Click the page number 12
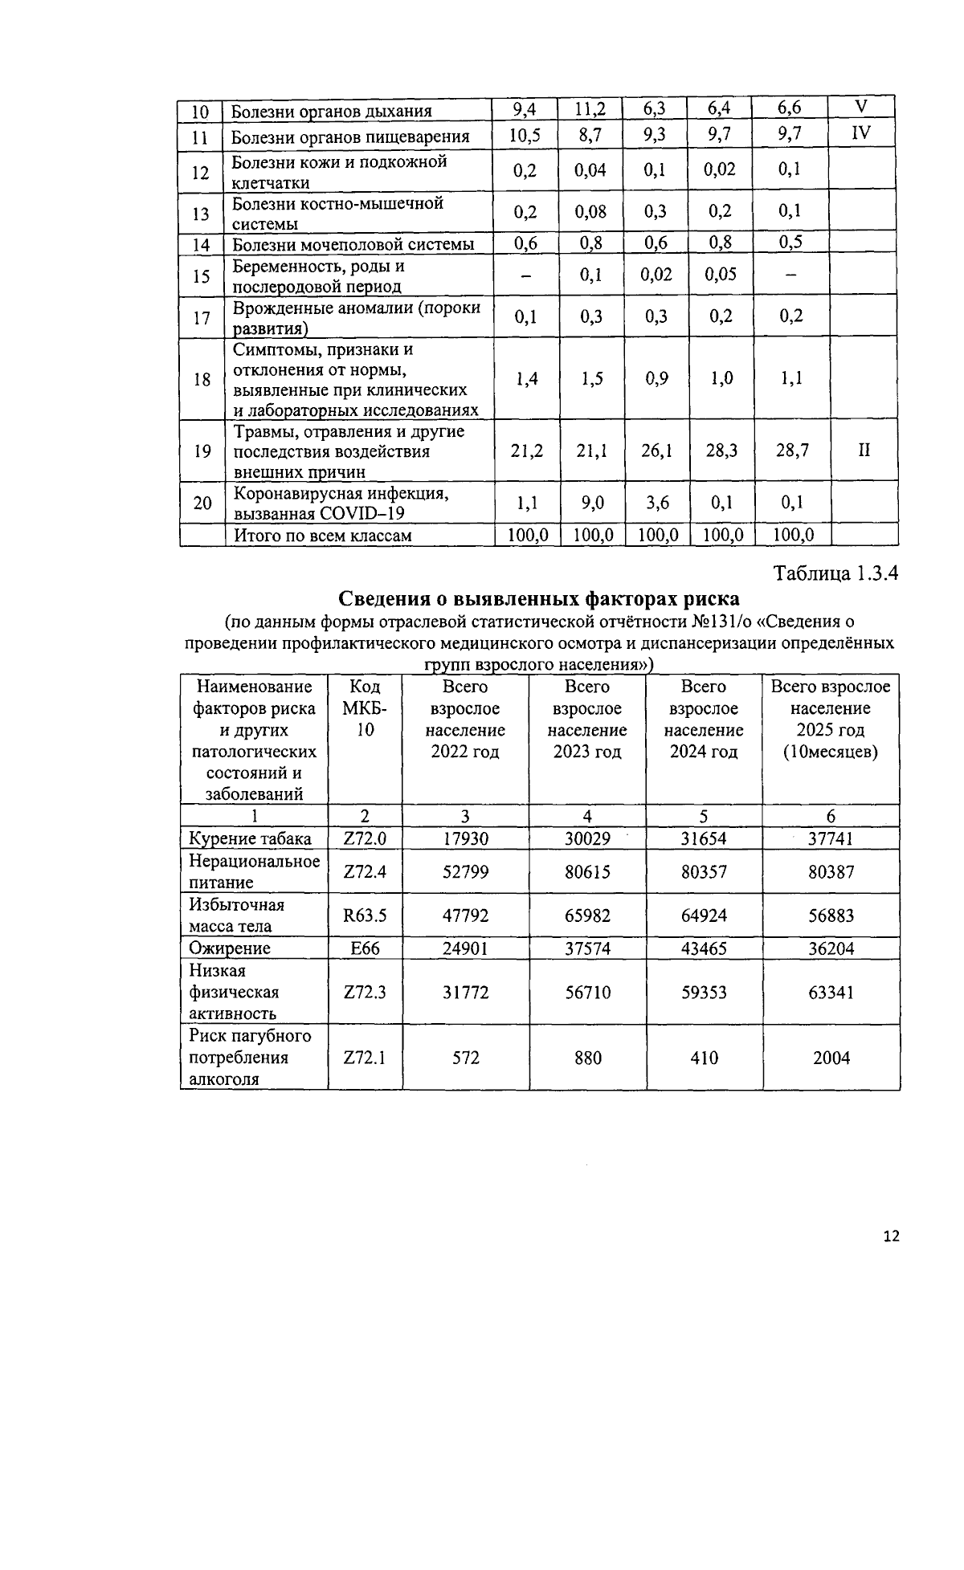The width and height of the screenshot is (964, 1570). pyautogui.click(x=891, y=1236)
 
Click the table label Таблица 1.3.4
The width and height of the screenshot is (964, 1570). pyautogui.click(x=835, y=573)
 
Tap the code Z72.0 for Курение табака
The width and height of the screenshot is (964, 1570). pyautogui.click(x=365, y=838)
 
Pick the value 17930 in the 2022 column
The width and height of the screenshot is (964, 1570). pyautogui.click(x=465, y=838)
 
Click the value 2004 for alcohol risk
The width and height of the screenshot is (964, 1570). pyautogui.click(x=831, y=1058)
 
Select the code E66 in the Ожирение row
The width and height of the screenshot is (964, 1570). pyautogui.click(x=365, y=948)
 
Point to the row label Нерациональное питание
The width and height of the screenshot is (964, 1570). pyautogui.click(x=254, y=871)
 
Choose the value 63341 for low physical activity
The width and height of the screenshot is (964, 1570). pyautogui.click(x=831, y=993)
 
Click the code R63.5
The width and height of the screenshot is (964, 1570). pyautogui.click(x=365, y=915)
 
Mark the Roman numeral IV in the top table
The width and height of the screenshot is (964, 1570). pyautogui.click(x=861, y=133)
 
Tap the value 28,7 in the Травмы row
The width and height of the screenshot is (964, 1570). pyautogui.click(x=791, y=451)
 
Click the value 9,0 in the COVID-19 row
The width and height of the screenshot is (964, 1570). pyautogui.click(x=591, y=503)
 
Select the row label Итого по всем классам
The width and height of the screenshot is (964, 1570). pyautogui.click(x=321, y=535)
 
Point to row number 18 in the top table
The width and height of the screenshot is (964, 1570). pyautogui.click(x=202, y=379)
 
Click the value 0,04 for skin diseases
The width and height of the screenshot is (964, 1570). pyautogui.click(x=590, y=170)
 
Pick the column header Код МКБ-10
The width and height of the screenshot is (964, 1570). pyautogui.click(x=365, y=708)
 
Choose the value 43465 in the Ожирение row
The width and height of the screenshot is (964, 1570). pyautogui.click(x=704, y=948)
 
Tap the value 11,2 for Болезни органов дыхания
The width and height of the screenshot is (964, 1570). pyautogui.click(x=590, y=109)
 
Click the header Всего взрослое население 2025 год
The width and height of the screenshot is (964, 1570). pyautogui.click(x=831, y=719)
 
